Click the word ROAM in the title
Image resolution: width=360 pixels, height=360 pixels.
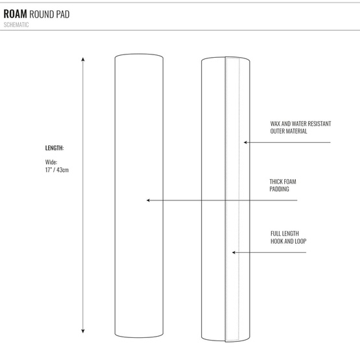15,14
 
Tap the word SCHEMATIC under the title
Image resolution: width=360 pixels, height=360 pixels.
16,25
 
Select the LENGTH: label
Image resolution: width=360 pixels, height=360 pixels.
54,148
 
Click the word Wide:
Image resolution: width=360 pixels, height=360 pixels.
51,162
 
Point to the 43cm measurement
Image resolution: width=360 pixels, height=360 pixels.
62,170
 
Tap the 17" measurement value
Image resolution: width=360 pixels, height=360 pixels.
48,170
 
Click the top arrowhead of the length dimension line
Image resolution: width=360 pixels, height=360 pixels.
83,59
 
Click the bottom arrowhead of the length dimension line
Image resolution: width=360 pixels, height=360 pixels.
83,331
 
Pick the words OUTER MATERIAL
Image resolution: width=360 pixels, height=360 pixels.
289,131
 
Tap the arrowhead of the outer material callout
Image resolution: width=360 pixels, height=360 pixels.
245,142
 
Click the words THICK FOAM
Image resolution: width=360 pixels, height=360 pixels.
283,182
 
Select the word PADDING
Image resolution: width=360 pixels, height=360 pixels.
279,189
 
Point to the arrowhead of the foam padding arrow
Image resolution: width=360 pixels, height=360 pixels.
148,200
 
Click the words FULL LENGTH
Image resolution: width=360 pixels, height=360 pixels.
285,234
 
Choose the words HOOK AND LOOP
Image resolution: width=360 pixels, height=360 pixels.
289,241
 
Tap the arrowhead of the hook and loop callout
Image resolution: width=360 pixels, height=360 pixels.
234,252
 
